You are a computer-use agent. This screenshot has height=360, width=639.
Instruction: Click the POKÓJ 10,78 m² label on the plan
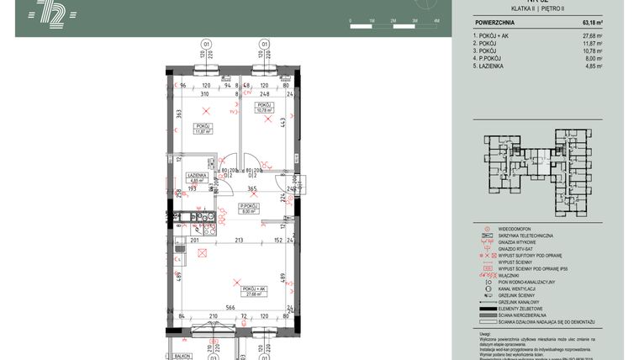pyautogui.click(x=265, y=107)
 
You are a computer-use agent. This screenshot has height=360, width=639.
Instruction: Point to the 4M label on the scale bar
pyautogui.click(x=436, y=19)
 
